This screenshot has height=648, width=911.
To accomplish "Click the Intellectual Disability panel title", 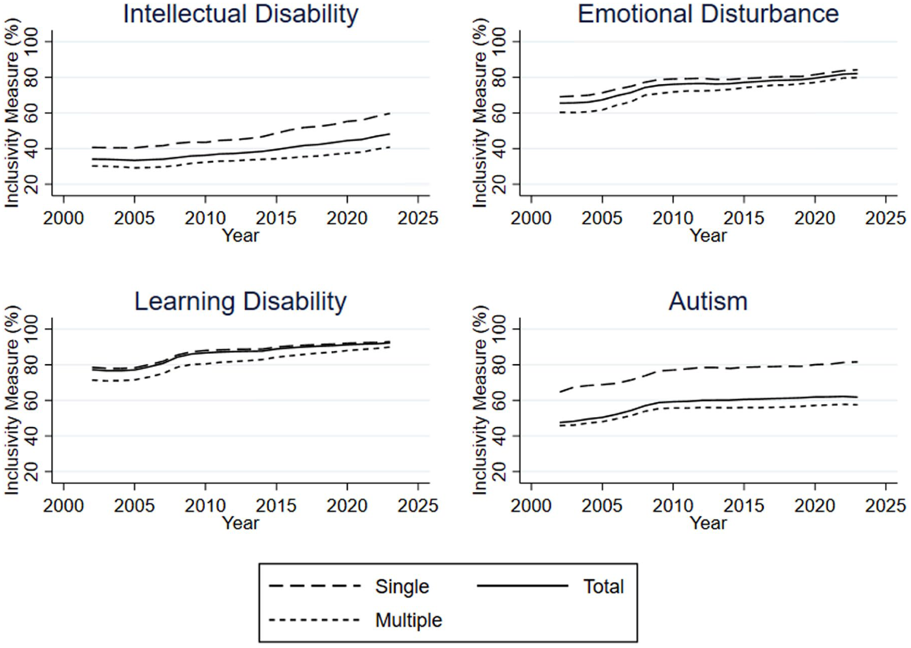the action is pos(240,14).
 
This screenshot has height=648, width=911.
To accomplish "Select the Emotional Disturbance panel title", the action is pos(708,14).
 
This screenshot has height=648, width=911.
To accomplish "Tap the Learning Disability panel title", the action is pos(240,302).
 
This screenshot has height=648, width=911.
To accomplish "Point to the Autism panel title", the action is pos(708,301).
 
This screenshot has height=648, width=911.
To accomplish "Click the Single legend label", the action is pos(402,587).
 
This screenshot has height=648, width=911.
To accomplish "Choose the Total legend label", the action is pos(603,586).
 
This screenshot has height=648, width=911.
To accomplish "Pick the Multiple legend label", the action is pos(409,620).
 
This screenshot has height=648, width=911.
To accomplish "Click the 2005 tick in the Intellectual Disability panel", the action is pos(135,218).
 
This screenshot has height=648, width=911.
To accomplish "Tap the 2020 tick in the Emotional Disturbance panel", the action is pos(815,218).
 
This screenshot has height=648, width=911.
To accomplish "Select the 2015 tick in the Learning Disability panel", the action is pos(276,506).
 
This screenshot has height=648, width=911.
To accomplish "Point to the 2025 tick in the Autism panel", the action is pos(885,506).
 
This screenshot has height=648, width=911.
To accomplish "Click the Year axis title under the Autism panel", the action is pos(708,523).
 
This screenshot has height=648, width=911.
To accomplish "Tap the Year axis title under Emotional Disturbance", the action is pos(708,236).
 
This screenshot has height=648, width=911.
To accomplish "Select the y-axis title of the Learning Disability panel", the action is pos(12,400).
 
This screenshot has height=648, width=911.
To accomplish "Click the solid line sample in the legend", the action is pos(522,586).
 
